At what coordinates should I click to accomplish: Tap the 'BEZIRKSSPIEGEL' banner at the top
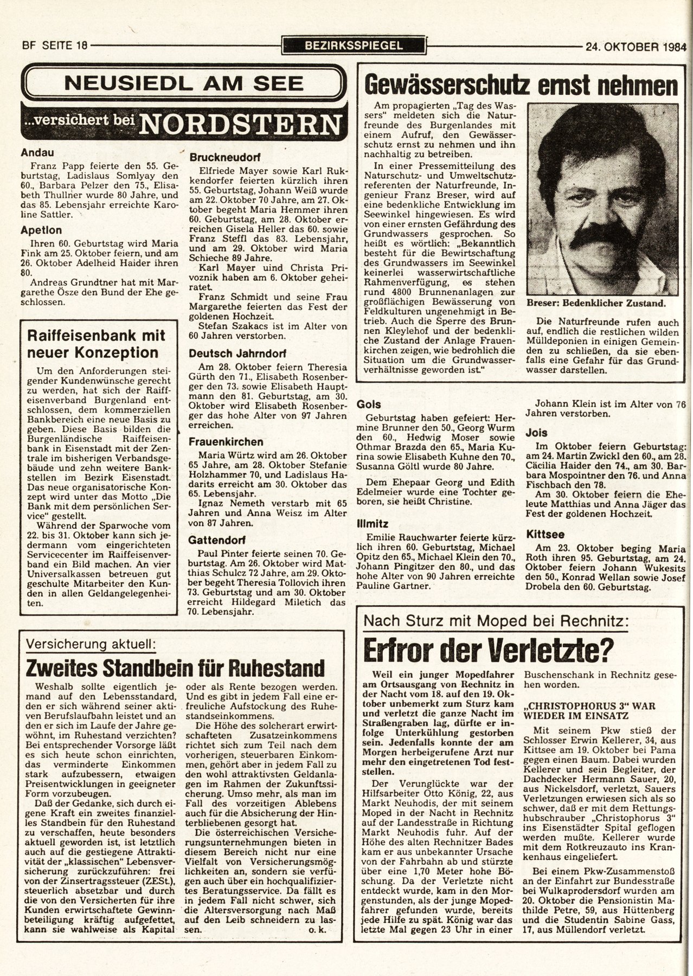(354, 46)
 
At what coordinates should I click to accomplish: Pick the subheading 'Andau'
(37, 153)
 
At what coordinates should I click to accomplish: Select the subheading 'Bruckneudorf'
(226, 157)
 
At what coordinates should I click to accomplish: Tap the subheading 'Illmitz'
(371, 524)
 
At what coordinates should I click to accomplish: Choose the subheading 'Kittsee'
(543, 534)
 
